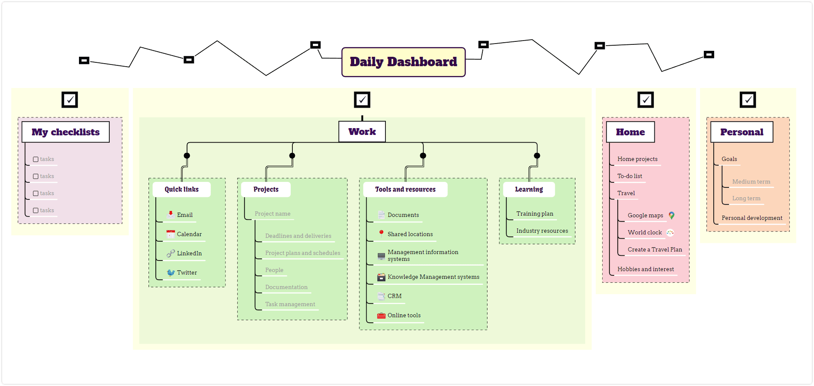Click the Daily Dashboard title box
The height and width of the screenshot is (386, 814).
coord(403,62)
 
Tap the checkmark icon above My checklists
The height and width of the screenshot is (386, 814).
coord(70,99)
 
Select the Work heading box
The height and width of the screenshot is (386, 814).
coord(362,132)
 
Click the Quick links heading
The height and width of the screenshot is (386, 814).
coord(182,189)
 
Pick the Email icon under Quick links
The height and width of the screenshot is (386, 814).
coord(170,214)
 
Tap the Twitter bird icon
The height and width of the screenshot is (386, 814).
coord(171,272)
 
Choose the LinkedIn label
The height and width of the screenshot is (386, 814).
coord(190,253)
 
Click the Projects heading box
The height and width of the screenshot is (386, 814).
coord(266,189)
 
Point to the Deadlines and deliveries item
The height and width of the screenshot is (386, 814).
coord(298,236)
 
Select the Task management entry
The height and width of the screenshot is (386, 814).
coord(290,304)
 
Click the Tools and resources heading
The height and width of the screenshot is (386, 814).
coord(406,189)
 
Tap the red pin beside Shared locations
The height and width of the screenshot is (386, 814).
coord(381,234)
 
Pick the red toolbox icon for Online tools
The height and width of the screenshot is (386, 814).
coord(381,316)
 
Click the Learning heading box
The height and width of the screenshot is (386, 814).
coord(529,189)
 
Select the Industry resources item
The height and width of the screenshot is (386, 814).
coord(542,231)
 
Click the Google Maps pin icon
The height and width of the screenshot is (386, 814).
coord(671,215)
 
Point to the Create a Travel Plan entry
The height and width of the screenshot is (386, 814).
coord(655,249)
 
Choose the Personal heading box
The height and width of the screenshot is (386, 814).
coord(742,132)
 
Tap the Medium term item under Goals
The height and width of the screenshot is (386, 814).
coord(751,181)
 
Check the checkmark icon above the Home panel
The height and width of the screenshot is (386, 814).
coord(645,99)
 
